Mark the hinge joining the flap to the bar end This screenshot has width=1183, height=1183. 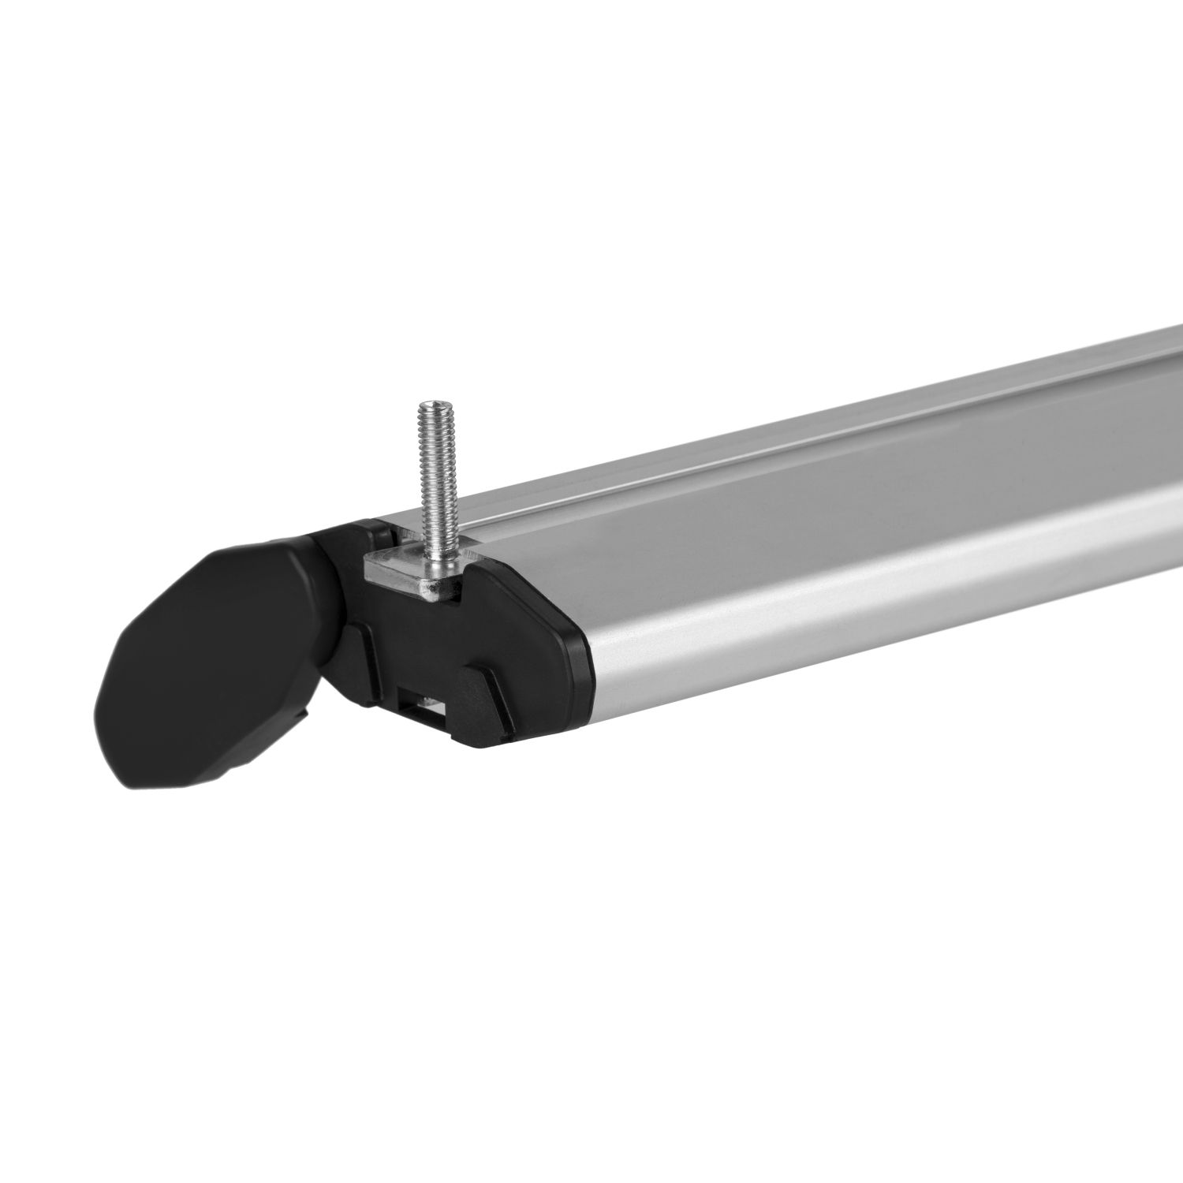point(335,631)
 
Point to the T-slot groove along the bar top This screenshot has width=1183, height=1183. point(710,481)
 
